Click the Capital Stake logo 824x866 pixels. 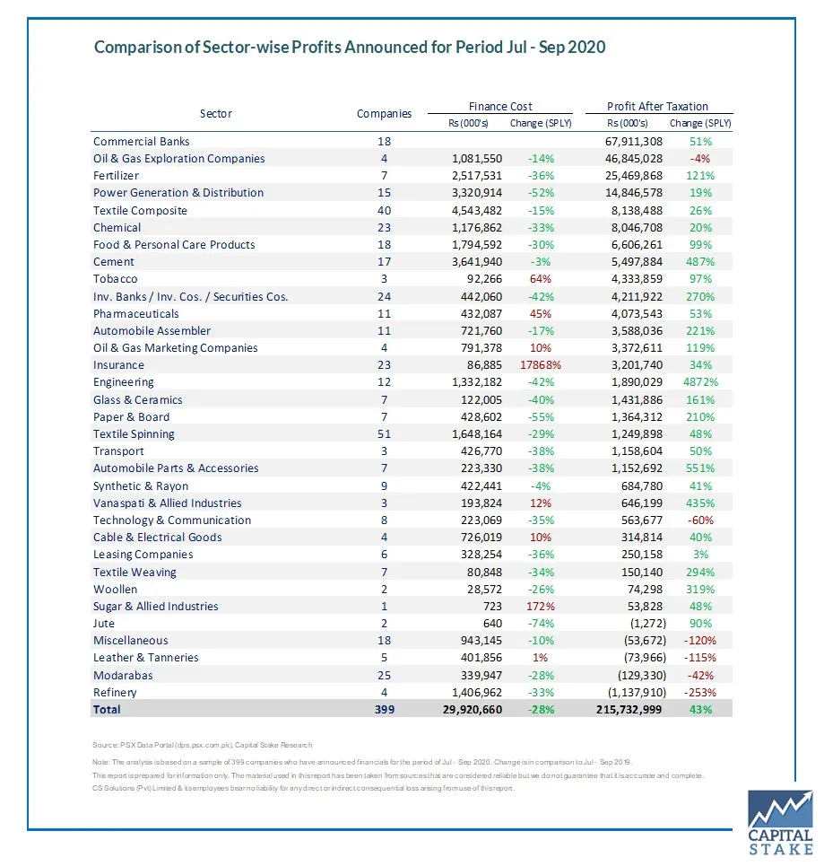coord(780,822)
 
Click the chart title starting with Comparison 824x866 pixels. coord(350,47)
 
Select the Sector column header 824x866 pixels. coord(215,114)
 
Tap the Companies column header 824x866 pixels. coord(384,114)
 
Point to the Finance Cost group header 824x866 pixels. coord(500,106)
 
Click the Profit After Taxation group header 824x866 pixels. coord(657,106)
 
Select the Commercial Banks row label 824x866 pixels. coord(142,142)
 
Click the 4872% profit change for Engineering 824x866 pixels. coord(696,382)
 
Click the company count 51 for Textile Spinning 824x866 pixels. coord(384,434)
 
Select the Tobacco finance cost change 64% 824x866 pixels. coord(543,279)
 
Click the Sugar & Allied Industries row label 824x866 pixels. coord(156,607)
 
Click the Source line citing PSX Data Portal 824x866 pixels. coord(203,745)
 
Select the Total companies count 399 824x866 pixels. coord(384,709)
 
